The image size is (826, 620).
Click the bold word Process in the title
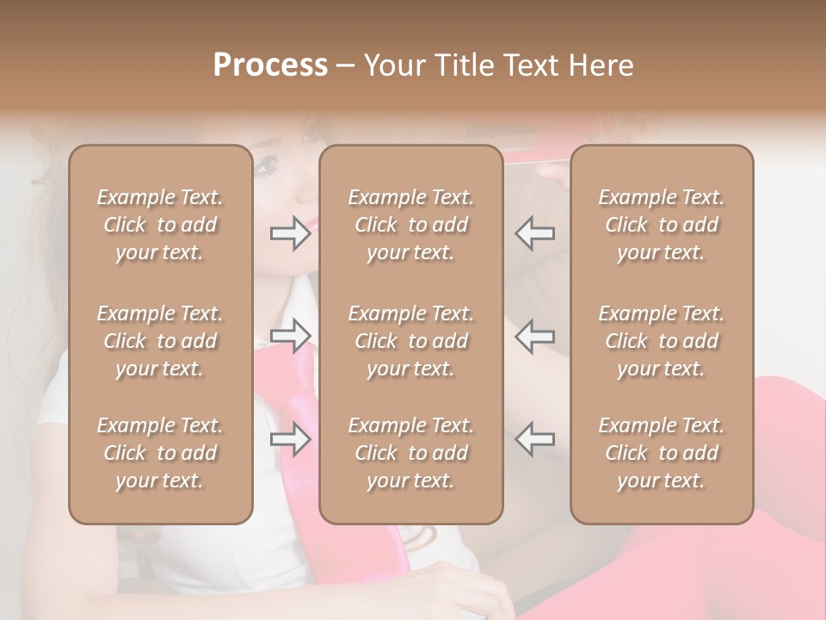point(270,65)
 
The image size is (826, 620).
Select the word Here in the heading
point(602,65)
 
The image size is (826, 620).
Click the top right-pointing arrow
point(290,233)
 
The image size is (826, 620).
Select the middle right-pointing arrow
point(290,336)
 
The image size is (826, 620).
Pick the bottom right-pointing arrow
point(290,439)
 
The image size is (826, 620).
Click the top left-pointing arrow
point(535,233)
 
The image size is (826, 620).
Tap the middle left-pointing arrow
point(535,336)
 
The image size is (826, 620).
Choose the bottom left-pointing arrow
point(535,439)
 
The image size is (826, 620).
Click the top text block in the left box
point(160,225)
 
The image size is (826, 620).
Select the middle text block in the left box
point(160,341)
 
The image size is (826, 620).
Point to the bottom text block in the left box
point(160,453)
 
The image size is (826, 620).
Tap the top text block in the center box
point(411,225)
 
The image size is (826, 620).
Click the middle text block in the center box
point(411,341)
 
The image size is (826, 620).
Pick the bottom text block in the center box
point(411,453)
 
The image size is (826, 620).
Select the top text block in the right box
point(662,225)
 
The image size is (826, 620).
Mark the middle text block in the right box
point(662,341)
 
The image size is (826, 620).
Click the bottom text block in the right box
point(662,453)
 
